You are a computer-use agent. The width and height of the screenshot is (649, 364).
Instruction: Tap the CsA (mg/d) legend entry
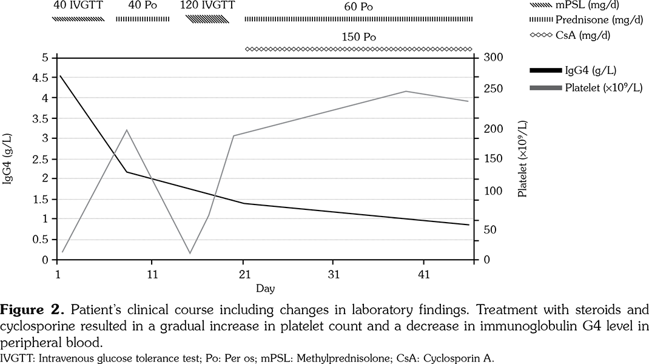586,35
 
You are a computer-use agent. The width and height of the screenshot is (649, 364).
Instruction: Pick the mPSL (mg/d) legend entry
586,6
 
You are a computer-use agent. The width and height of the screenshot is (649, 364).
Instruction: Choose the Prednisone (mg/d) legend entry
586,21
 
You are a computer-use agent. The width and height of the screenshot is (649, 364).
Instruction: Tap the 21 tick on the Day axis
243,273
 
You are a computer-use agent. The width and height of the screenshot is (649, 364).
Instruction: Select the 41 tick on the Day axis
423,273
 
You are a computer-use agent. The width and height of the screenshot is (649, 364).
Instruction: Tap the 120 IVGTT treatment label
207,7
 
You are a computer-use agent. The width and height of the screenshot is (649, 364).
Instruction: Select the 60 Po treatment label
358,7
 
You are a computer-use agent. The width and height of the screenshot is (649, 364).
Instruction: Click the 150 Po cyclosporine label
358,36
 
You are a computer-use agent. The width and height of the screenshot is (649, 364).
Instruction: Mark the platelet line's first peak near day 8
126,130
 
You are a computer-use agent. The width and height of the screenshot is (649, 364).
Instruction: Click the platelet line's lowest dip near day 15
190,253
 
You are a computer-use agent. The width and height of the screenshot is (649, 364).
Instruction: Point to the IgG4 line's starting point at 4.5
60,76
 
